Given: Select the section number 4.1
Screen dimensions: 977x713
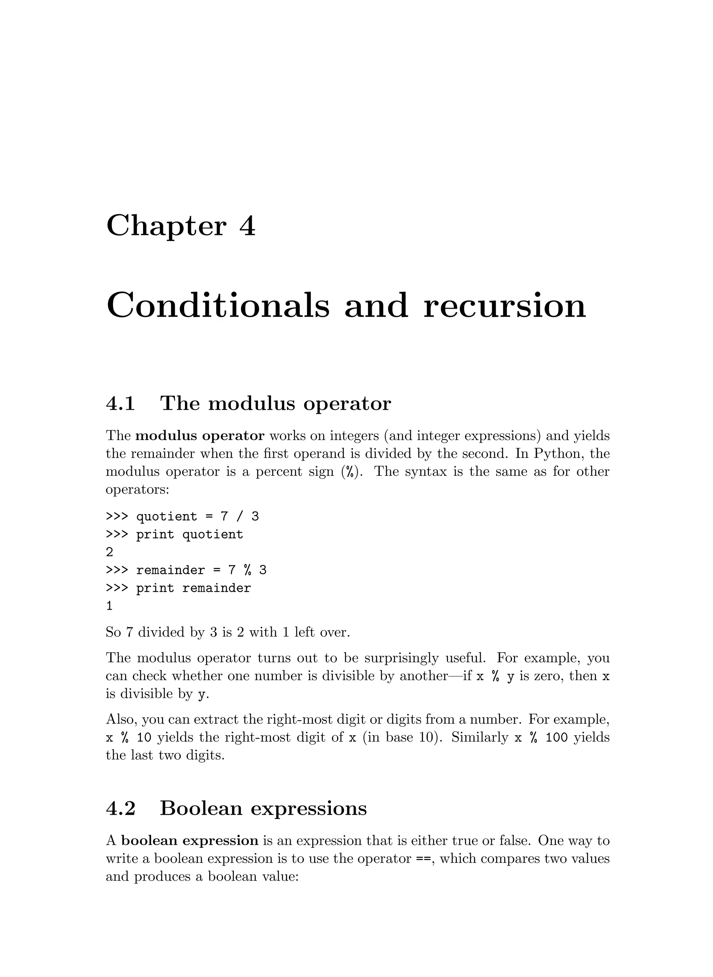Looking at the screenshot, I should click(x=120, y=403).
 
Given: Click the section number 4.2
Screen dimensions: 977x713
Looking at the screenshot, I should click(x=120, y=808).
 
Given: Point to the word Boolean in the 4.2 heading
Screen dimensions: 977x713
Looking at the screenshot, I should click(x=201, y=808).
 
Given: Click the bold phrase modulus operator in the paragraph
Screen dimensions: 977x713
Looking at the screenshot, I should click(x=200, y=436).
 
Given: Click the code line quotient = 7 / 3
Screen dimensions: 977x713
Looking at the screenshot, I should click(x=197, y=517).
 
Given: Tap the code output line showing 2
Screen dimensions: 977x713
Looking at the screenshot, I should click(x=110, y=552).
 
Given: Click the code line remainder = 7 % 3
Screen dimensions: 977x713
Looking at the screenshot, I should click(x=201, y=570).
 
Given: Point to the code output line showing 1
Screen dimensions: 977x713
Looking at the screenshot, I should click(x=110, y=606).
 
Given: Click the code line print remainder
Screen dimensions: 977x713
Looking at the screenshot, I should click(x=193, y=588).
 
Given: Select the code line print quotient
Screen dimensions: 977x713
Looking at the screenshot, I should click(x=189, y=535).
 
